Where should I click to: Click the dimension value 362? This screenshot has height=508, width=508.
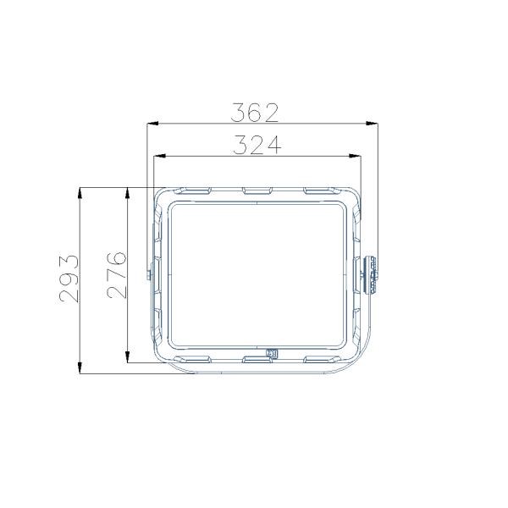coord(255,112)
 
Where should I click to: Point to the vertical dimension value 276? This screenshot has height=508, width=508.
coord(118,273)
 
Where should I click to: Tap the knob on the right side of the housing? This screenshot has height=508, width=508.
coord(373,273)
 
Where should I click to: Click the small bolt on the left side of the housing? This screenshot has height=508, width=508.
coord(149,273)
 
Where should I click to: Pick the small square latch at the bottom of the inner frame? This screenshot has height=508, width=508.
coord(272,354)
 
